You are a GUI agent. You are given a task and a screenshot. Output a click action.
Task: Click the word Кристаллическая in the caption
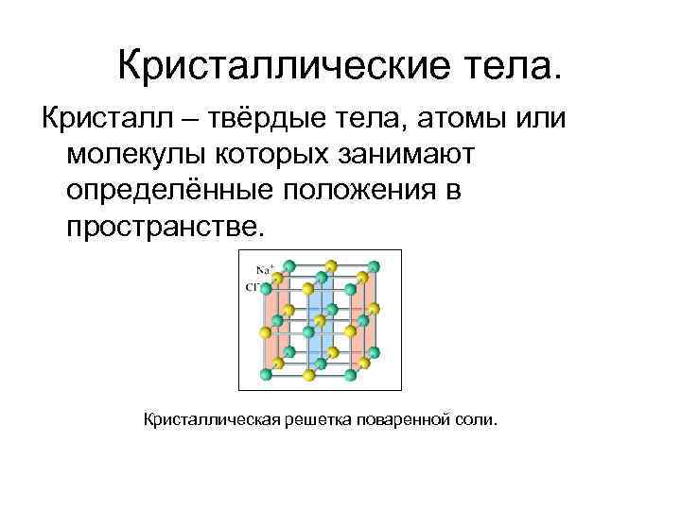coord(209,417)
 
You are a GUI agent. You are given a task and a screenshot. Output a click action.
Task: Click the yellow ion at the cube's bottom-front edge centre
coord(308,374)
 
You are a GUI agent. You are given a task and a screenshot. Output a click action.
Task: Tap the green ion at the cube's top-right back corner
coord(373,265)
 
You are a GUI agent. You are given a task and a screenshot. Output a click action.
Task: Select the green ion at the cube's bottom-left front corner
coord(266,374)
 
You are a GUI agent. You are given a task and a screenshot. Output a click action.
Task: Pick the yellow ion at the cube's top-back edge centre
coord(331,265)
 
